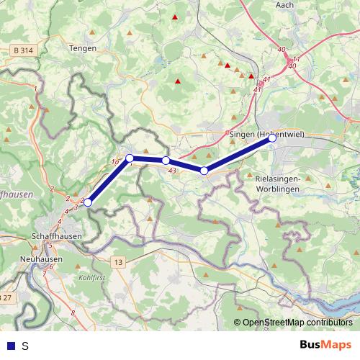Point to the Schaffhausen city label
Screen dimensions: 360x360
[x=58, y=235]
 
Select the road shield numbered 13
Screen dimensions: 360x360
[x=118, y=262]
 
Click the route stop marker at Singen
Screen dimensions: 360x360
[x=272, y=140]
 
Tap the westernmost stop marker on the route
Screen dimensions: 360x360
[x=88, y=203]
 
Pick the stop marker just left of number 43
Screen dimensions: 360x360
[x=166, y=161]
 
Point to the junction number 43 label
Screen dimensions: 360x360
[x=171, y=171]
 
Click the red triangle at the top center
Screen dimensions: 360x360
[x=175, y=16]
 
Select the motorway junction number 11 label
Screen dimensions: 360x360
[x=297, y=58]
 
